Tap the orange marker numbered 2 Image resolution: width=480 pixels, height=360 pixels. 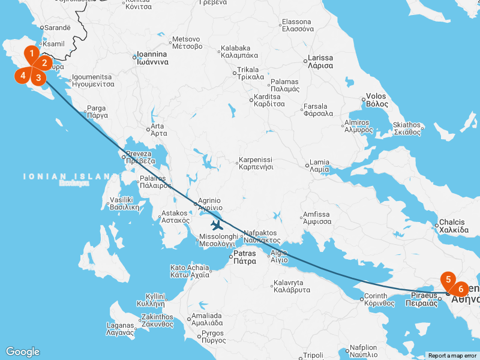[44, 62]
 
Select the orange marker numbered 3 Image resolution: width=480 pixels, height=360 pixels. [38, 76]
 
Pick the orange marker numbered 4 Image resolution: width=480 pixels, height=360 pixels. [23, 75]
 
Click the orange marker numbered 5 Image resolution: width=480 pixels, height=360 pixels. [448, 279]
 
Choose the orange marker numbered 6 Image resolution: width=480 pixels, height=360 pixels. [460, 288]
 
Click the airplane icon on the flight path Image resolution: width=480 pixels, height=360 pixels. [217, 226]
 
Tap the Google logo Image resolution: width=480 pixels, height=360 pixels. [22, 352]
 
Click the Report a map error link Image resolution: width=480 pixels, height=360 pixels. [452, 356]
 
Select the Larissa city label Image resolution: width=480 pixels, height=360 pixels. [320, 62]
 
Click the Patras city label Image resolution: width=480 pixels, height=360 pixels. [244, 257]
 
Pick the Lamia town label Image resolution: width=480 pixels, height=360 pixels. [319, 166]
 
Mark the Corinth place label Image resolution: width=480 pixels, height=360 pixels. [377, 299]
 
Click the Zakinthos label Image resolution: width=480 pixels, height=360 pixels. [158, 320]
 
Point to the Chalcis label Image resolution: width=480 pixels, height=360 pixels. [453, 226]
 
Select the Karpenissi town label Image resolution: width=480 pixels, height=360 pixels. [256, 163]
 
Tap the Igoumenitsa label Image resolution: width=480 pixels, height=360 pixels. [92, 81]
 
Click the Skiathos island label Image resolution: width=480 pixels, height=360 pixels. [407, 128]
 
